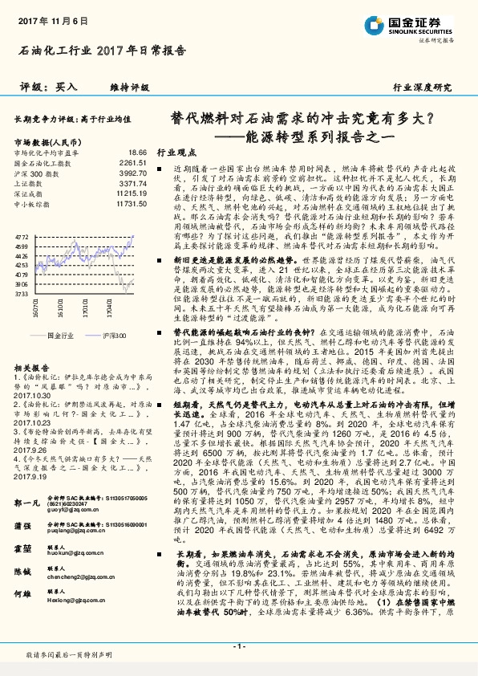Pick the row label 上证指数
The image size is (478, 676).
coord(30,183)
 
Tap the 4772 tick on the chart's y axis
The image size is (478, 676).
coord(22,238)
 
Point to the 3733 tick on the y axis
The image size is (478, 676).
coord(22,294)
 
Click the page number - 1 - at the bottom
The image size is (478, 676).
coord(238,646)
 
